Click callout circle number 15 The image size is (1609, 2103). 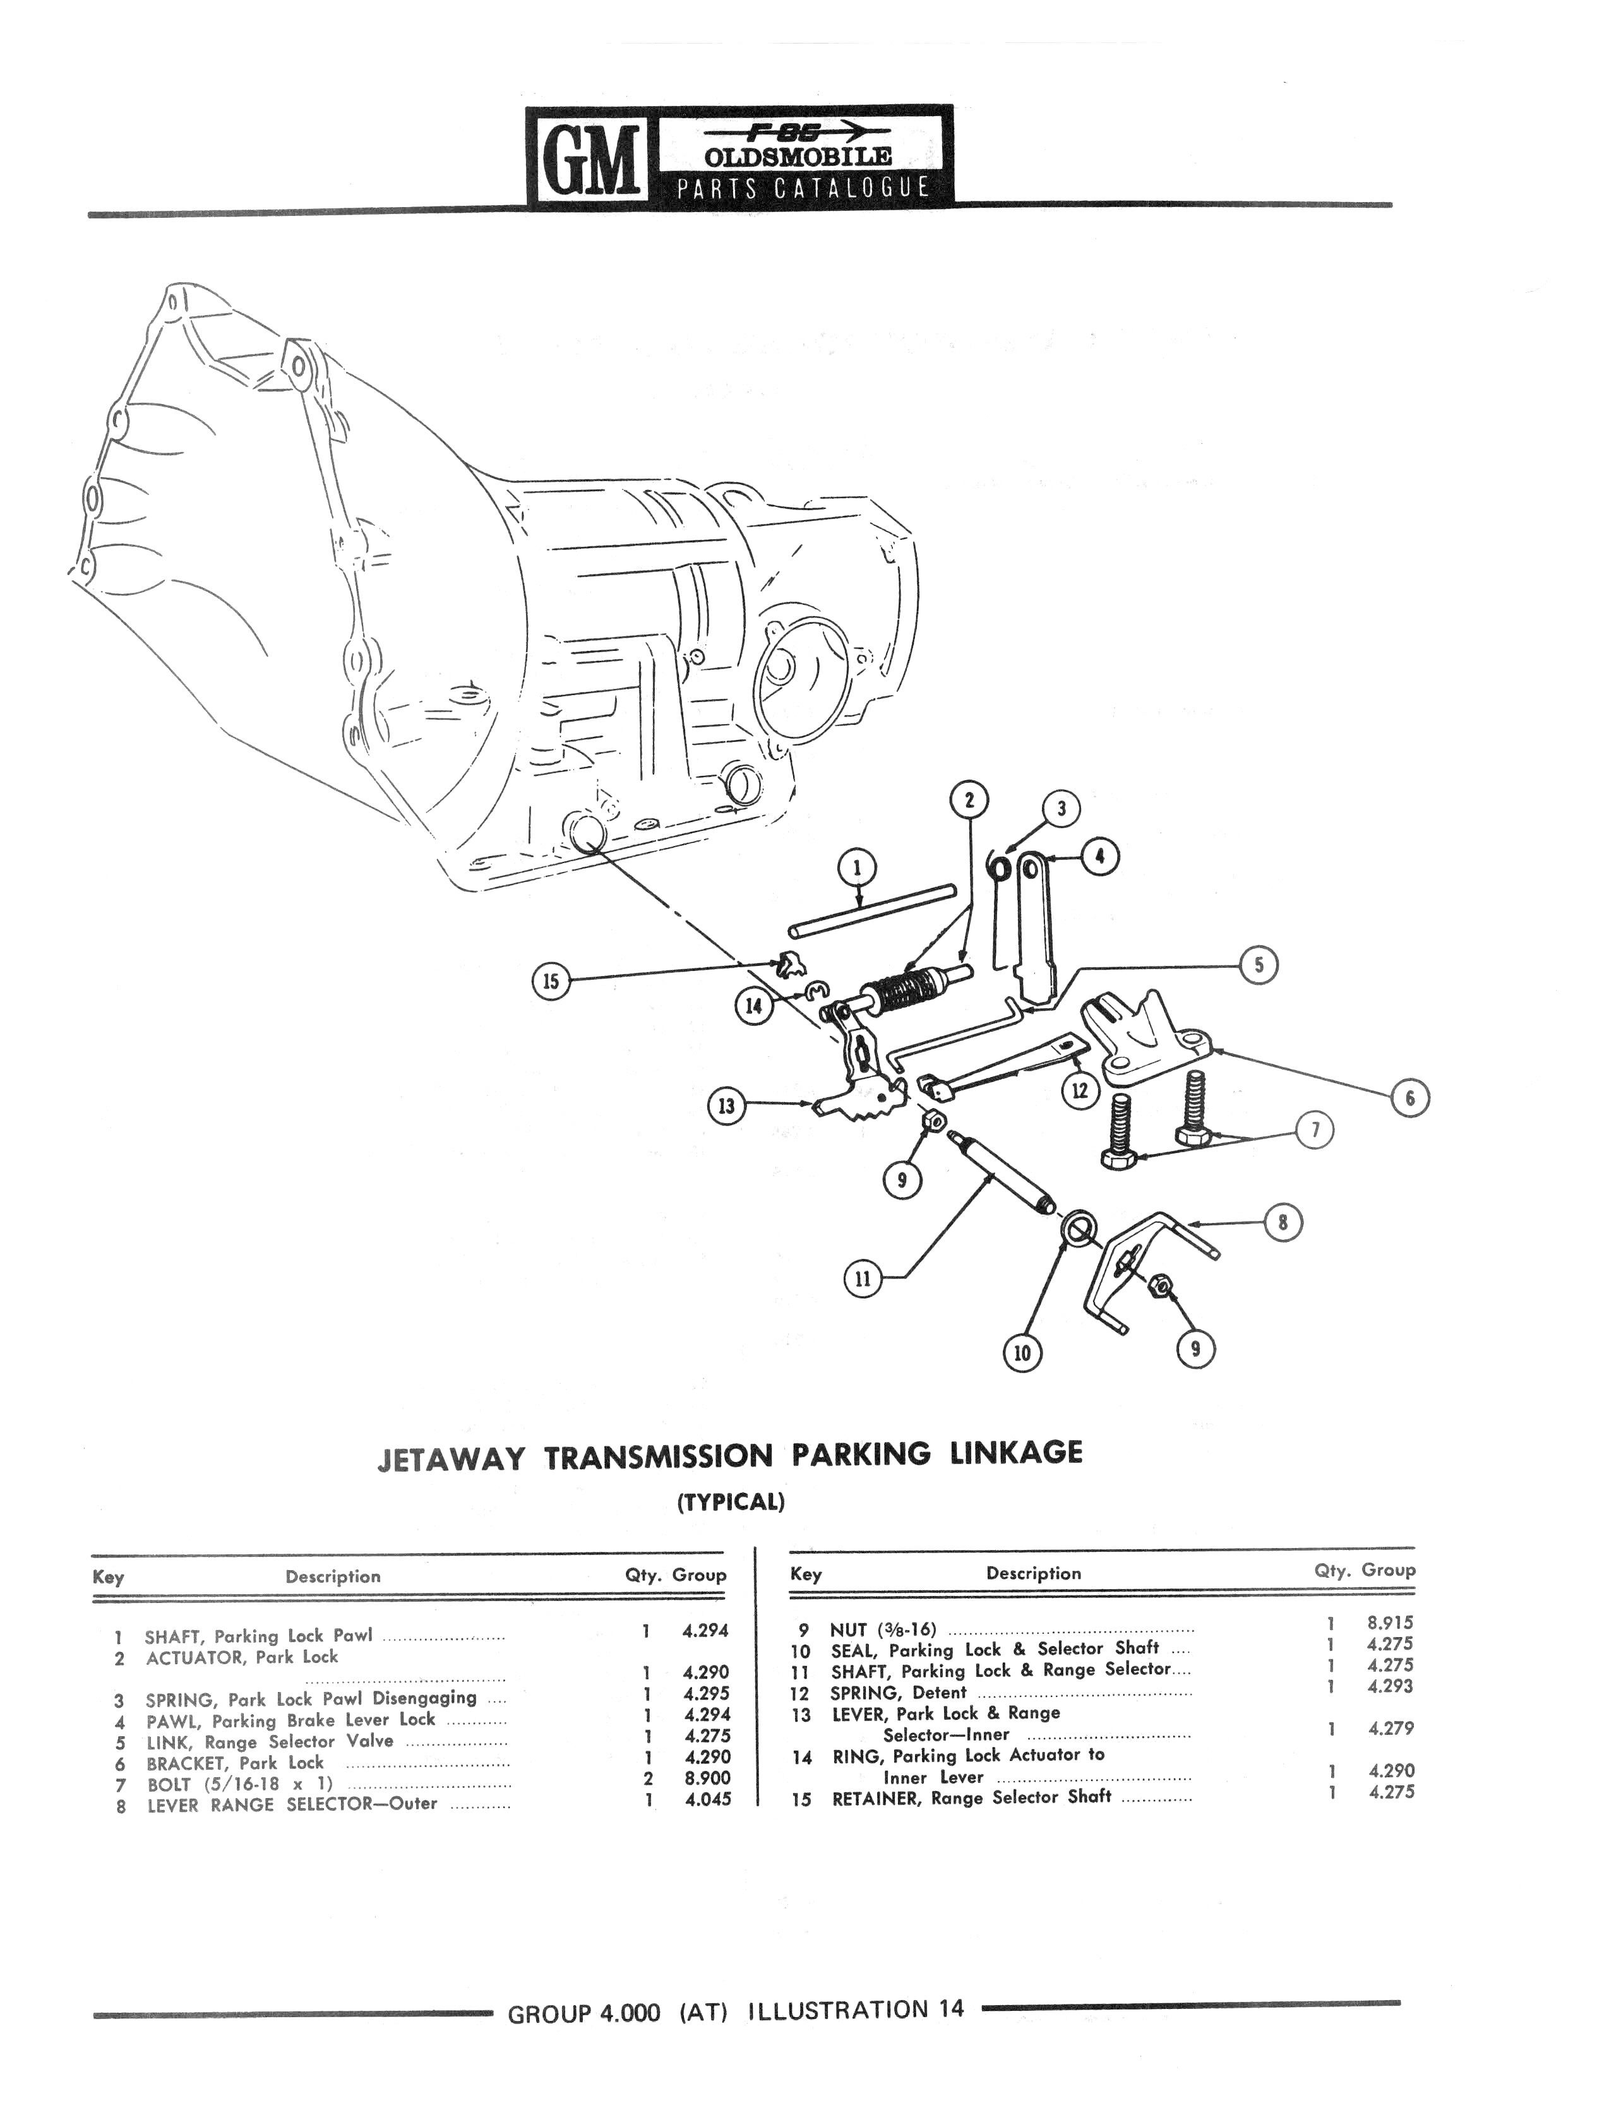[551, 982]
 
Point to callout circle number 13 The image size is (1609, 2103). [726, 1107]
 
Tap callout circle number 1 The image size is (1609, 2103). [856, 867]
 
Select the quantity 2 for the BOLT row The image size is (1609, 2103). [649, 1778]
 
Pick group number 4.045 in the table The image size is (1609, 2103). [708, 1799]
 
